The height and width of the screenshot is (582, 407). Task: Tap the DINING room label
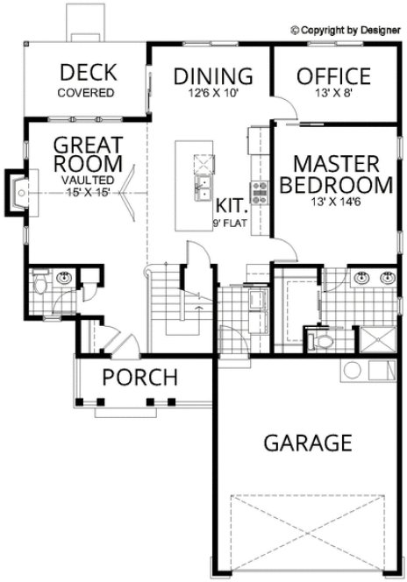213,75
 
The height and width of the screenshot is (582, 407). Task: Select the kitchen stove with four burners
260,187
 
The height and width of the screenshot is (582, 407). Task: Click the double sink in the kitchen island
203,186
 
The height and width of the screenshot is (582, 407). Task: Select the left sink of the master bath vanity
361,279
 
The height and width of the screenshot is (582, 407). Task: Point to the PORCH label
139,379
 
